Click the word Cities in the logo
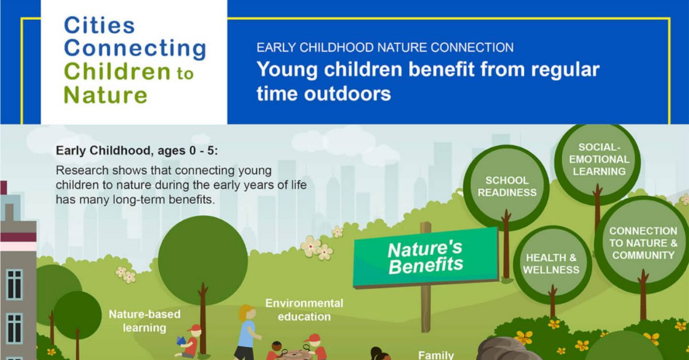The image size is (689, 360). click(x=99, y=25)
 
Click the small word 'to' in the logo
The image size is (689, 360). click(x=185, y=73)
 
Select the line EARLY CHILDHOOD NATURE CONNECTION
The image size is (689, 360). click(x=385, y=48)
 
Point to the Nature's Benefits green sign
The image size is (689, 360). click(x=425, y=257)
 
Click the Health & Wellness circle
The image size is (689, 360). click(x=551, y=264)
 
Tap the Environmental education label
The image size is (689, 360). click(x=304, y=309)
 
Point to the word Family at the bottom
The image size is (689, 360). click(x=436, y=354)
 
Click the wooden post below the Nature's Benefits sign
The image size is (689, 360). click(x=425, y=310)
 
